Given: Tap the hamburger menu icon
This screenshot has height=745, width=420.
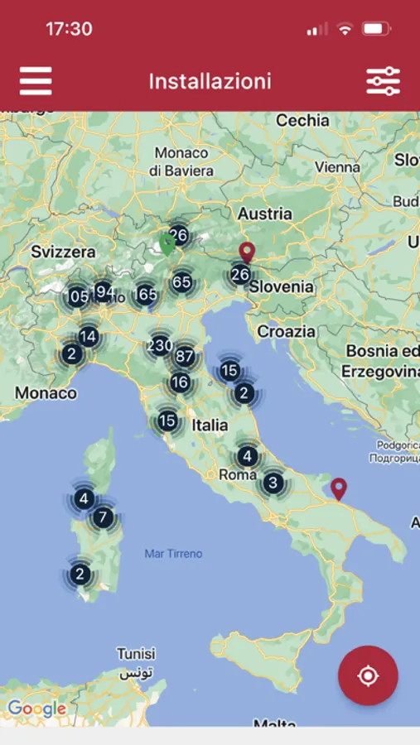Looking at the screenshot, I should click(36, 81).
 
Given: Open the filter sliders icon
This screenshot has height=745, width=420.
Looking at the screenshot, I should click(383, 81).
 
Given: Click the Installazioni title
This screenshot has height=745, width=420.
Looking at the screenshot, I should click(210, 81).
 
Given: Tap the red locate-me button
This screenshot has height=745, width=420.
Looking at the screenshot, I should click(368, 675).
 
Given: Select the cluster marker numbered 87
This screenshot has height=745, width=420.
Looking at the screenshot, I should click(184, 358).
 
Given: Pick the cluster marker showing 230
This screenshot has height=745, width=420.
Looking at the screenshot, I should click(161, 345).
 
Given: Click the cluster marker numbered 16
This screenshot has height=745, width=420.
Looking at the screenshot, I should click(180, 382).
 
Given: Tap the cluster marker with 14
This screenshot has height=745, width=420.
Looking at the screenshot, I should click(89, 336).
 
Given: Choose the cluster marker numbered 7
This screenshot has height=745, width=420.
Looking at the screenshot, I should click(103, 518).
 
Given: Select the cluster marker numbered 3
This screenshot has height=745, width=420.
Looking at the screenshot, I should click(273, 483).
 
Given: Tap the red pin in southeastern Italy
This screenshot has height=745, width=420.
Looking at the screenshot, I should click(338, 488).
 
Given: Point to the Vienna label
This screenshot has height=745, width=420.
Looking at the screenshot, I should click(337, 166).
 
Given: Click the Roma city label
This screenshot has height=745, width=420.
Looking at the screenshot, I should click(238, 474).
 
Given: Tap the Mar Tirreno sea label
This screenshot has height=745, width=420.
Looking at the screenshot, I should click(173, 553).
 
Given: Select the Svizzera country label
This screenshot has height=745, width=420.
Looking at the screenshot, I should click(63, 251).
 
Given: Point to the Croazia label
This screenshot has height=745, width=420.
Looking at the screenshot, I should click(287, 331).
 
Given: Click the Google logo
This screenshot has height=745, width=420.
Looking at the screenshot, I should click(36, 709).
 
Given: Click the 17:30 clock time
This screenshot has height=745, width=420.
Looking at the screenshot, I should click(69, 29).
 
